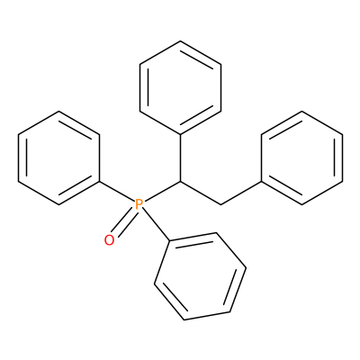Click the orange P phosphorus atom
coord(139,204)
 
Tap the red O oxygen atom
coord(109,240)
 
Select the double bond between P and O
coord(124,222)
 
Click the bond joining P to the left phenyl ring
coord(117,191)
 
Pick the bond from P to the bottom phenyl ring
coord(155,225)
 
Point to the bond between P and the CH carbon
coord(162,191)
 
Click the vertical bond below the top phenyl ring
coord(180,157)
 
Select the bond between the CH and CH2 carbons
coord(201,193)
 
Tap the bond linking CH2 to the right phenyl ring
coord(241,193)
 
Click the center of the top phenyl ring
coord(180,87)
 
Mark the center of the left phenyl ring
coord(58,157)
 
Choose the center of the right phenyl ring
coord(301,157)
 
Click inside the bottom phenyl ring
coord(200,276)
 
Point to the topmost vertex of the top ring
coord(180,41)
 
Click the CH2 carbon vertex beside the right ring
coord(220,204)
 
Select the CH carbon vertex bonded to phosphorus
coord(180,181)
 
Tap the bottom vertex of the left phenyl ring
coord(58,204)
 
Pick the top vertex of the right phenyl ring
coord(301,112)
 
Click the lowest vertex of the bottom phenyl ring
coord(184,319)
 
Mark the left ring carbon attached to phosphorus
coord(99,181)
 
